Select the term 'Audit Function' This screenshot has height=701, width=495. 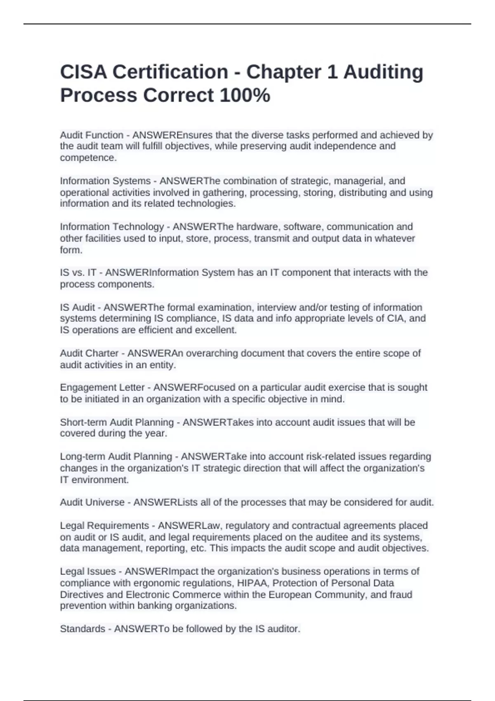pos(92,135)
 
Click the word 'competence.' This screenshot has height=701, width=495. pos(88,158)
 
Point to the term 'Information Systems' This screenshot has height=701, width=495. pos(105,181)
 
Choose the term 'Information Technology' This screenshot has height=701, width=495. pos(112,227)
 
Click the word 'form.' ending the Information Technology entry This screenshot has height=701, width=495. pos(71,250)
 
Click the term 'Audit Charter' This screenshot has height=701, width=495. pos(89,353)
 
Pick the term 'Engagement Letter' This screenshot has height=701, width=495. pos(102,388)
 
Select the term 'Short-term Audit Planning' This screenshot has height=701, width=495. pos(117,422)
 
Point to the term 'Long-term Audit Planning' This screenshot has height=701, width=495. pos(116,456)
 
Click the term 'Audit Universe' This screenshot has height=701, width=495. pos(92,502)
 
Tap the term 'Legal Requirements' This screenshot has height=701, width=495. pos(104,526)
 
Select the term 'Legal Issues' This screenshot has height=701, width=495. pos(87,572)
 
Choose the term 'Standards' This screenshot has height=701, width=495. pos(82,629)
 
